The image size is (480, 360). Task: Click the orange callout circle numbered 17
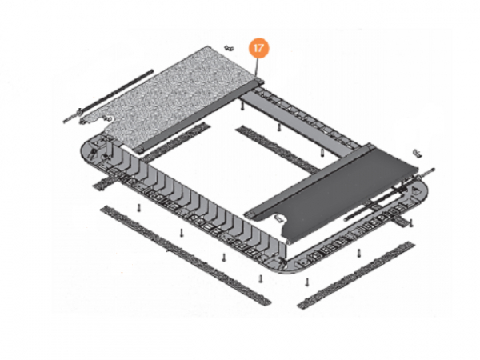(258, 48)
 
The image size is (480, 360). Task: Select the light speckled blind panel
(172, 95)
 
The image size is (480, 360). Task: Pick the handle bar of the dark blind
(309, 181)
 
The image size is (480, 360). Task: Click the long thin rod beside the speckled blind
(108, 97)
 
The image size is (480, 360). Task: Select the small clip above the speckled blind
(228, 48)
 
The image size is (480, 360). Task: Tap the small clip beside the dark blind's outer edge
(417, 154)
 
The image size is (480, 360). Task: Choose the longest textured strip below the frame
(186, 254)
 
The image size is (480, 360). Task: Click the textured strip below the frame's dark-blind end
(356, 275)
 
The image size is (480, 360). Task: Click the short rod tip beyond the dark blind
(433, 170)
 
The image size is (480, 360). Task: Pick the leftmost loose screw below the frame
(138, 207)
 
